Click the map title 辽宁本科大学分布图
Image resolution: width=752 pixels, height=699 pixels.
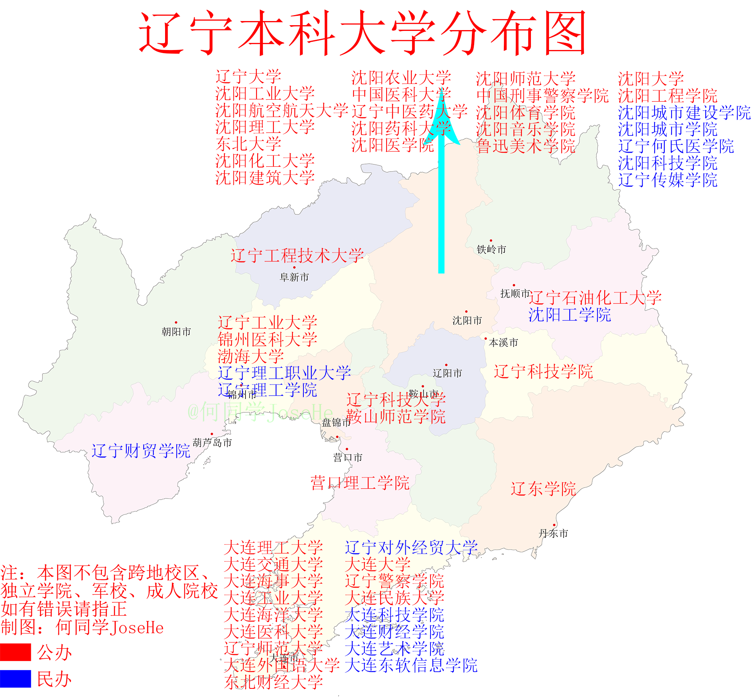pos(362,33)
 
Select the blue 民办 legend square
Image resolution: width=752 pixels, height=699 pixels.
pos(15,679)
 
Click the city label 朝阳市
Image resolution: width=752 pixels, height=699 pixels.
pos(176,332)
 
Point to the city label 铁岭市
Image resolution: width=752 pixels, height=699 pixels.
pos(491,250)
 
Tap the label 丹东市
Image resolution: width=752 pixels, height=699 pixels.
pos(553,534)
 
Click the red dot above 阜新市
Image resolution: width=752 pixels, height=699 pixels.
pos(294,267)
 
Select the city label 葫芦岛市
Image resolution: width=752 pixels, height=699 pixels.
pos(212,442)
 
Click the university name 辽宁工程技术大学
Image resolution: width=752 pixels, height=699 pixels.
pos(297,256)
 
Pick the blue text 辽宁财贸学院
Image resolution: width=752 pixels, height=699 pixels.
pos(141,451)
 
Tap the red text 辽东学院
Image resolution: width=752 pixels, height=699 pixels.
pos(543,489)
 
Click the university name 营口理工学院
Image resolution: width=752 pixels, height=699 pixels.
pos(359,483)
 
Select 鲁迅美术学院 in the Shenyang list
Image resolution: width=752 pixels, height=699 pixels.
pos(525,146)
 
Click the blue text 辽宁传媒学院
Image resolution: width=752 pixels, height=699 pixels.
pos(667,180)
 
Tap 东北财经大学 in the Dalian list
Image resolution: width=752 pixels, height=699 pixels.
pos(273,682)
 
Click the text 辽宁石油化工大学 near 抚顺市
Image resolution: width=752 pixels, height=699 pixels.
pos(595,298)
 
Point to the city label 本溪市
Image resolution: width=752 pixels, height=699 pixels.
pos(503,343)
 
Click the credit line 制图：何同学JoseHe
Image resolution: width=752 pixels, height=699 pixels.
pos(82,628)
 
